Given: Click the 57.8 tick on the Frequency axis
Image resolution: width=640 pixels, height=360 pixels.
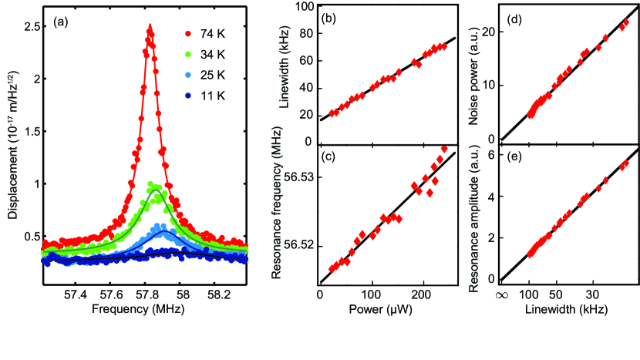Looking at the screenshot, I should [x=147, y=295].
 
